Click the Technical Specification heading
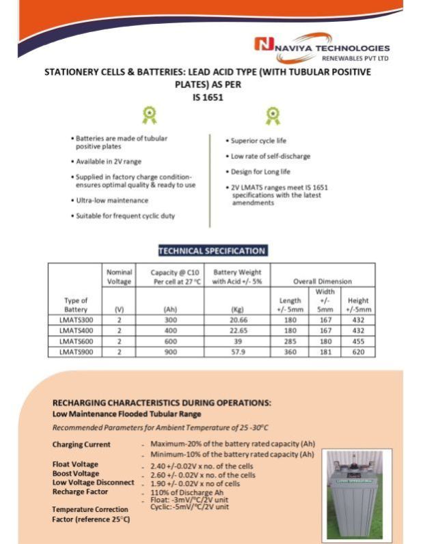[212, 251]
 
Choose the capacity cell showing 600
[170, 341]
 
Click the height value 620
[358, 352]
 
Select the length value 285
[290, 341]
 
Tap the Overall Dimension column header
[323, 281]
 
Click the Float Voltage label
[75, 465]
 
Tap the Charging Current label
[81, 445]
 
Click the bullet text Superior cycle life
[257, 141]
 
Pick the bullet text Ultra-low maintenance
[112, 200]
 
